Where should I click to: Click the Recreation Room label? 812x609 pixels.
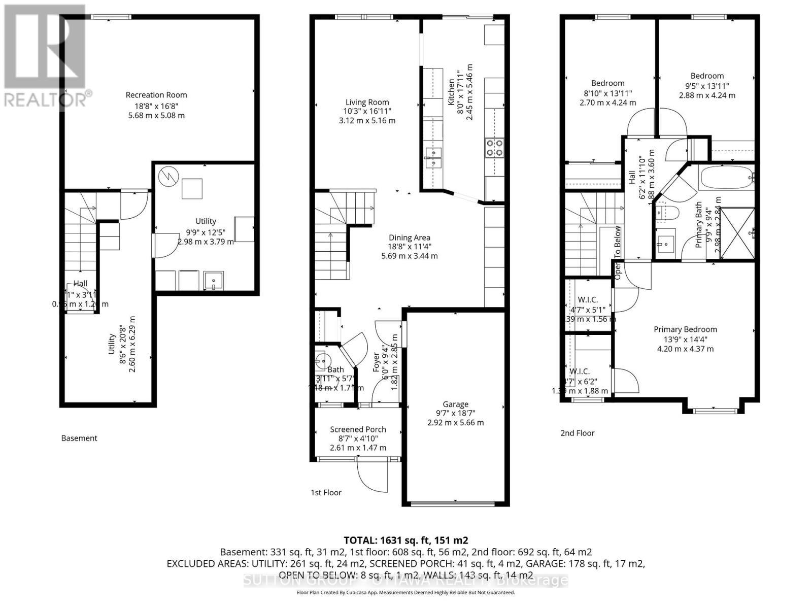[156, 95]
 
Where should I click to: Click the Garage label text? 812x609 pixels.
[455, 404]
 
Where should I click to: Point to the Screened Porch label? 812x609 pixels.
[358, 429]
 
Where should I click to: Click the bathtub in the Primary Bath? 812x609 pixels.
[726, 178]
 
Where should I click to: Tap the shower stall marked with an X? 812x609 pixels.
[736, 233]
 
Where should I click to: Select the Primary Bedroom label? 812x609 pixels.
[685, 329]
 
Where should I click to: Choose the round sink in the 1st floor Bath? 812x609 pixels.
[321, 360]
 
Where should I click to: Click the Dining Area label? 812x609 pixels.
[409, 238]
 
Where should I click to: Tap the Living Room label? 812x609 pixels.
[367, 102]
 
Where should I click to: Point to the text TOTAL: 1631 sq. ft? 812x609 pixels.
[405, 540]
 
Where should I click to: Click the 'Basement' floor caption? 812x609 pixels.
[79, 438]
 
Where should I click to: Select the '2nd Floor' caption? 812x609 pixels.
[577, 433]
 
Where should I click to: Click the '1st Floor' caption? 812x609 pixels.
[326, 492]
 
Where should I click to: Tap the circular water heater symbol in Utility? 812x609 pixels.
[166, 176]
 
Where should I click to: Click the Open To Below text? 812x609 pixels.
[618, 252]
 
